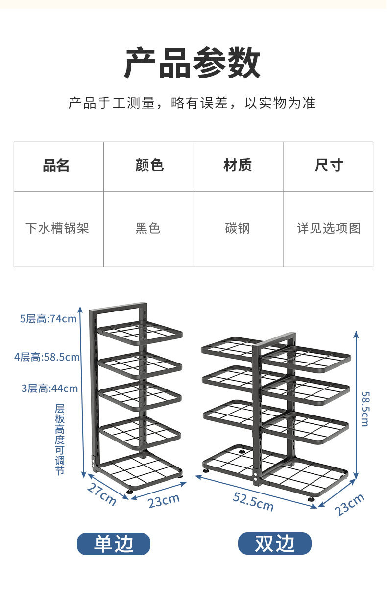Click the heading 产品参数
192,63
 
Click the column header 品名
56,166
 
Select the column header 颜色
149,166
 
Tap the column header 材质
238,166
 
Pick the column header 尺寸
328,166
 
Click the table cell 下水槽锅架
57,228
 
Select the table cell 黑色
148,228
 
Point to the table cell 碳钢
238,228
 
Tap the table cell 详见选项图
328,228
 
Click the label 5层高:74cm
48,319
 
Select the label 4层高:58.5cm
47,357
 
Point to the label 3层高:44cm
49,389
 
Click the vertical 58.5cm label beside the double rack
365,409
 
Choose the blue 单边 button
113,544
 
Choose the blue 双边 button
274,544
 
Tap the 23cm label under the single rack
164,501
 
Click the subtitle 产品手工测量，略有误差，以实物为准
192,103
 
